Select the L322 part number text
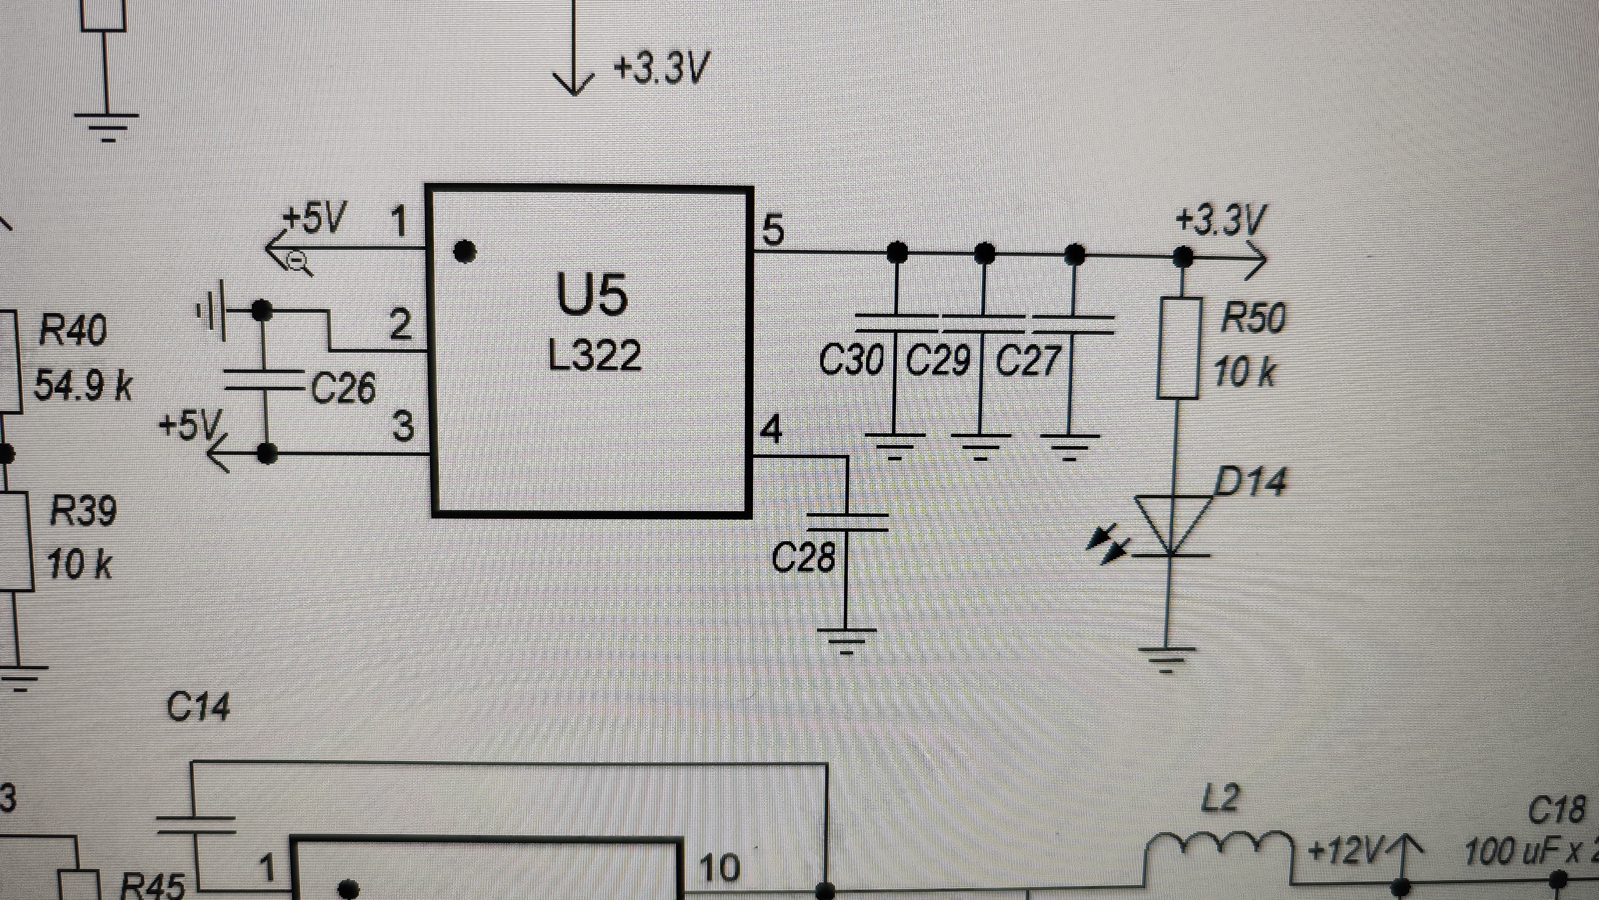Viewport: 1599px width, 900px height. point(595,355)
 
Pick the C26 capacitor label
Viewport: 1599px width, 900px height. point(343,388)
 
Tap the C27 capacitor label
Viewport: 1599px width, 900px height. point(1027,360)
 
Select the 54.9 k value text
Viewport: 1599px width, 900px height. point(82,386)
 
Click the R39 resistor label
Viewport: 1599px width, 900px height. point(82,512)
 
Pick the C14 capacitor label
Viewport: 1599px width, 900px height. point(198,707)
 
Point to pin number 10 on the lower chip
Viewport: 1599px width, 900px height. point(719,867)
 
